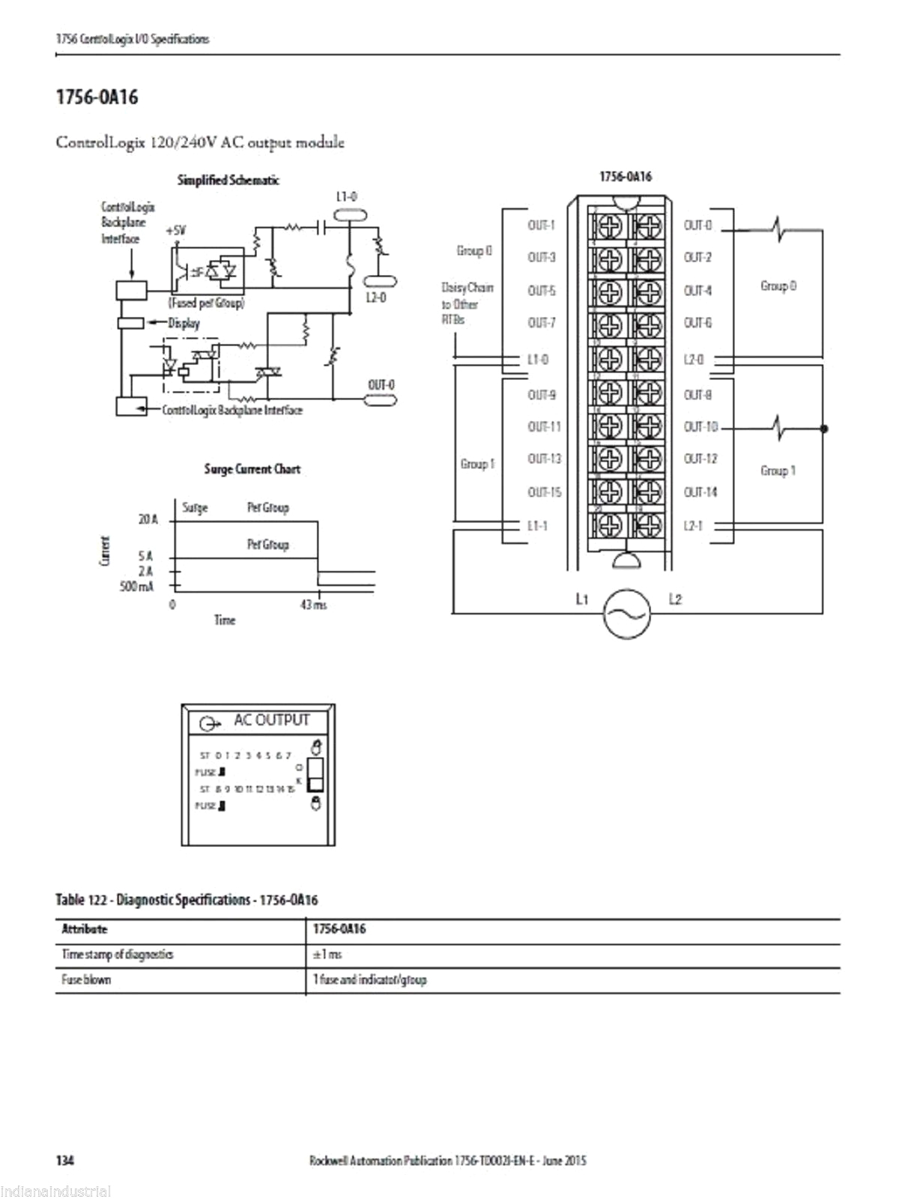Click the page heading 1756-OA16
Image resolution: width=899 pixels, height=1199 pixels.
click(97, 97)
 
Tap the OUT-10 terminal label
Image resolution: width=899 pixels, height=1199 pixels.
click(700, 427)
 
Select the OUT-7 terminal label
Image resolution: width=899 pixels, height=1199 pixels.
click(541, 323)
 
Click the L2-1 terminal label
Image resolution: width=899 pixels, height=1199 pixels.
click(694, 525)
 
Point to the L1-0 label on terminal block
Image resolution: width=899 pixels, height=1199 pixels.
click(538, 360)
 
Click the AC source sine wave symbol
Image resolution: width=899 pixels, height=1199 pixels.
click(626, 613)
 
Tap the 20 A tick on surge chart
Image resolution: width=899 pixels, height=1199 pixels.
click(148, 519)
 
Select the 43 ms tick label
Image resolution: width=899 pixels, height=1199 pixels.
click(314, 605)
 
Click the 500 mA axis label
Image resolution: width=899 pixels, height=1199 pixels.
click(137, 585)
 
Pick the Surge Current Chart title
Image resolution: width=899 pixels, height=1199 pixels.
click(252, 469)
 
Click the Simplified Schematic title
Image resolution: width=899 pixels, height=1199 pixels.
click(228, 180)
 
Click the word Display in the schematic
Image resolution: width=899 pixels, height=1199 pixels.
click(184, 324)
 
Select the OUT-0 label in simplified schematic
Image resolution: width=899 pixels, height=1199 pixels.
click(381, 385)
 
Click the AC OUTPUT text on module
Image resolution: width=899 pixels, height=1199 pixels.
click(271, 720)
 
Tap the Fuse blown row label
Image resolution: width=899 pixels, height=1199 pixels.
click(86, 979)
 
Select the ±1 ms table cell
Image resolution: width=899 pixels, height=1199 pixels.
click(327, 954)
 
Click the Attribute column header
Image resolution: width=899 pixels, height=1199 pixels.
click(85, 929)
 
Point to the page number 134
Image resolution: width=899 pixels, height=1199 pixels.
click(65, 1161)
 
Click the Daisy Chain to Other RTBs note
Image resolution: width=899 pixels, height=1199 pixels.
click(467, 303)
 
